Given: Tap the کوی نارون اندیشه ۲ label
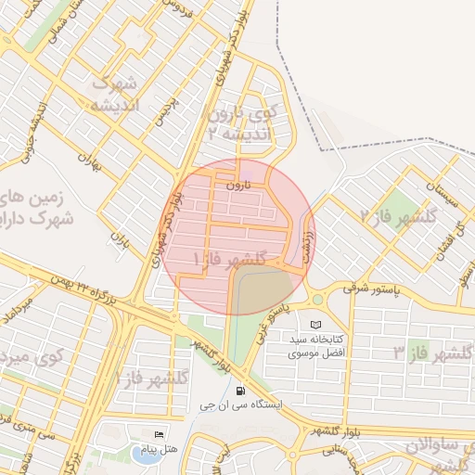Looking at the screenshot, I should (243, 123).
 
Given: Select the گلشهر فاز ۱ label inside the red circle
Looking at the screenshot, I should (228, 258).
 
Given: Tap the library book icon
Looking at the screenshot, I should (317, 325).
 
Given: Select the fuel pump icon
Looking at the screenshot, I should (241, 391).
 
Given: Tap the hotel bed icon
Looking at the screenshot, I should (159, 435).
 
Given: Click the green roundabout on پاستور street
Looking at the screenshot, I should (317, 300).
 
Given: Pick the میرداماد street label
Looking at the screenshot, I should (20, 310).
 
